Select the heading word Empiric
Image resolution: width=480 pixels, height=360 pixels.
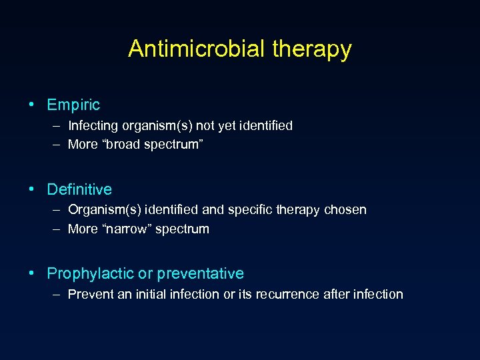(73, 105)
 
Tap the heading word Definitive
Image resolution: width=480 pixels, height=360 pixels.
(79, 189)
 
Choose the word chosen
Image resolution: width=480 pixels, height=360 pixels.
(345, 209)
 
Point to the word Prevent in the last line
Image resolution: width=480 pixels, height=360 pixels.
(90, 294)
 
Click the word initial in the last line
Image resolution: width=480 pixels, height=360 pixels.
(149, 294)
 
